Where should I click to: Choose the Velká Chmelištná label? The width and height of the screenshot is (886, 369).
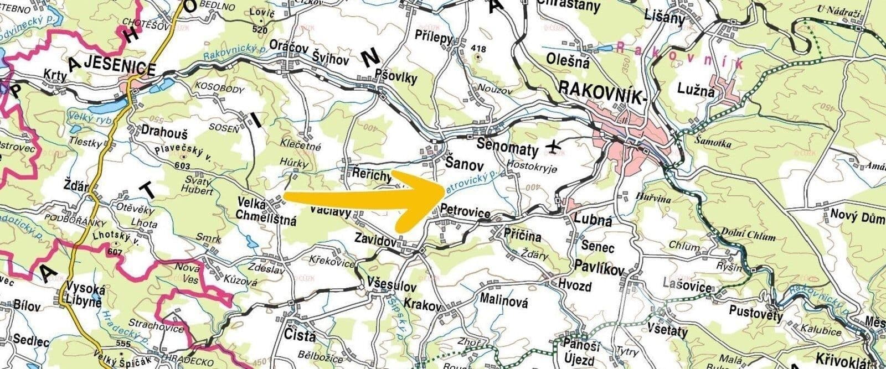click(266, 212)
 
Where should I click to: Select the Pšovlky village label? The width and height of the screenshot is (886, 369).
click(395, 78)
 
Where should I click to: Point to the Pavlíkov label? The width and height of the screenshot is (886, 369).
click(600, 268)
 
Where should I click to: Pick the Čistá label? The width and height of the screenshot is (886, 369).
click(299, 335)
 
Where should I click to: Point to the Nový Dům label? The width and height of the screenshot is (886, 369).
click(856, 214)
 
